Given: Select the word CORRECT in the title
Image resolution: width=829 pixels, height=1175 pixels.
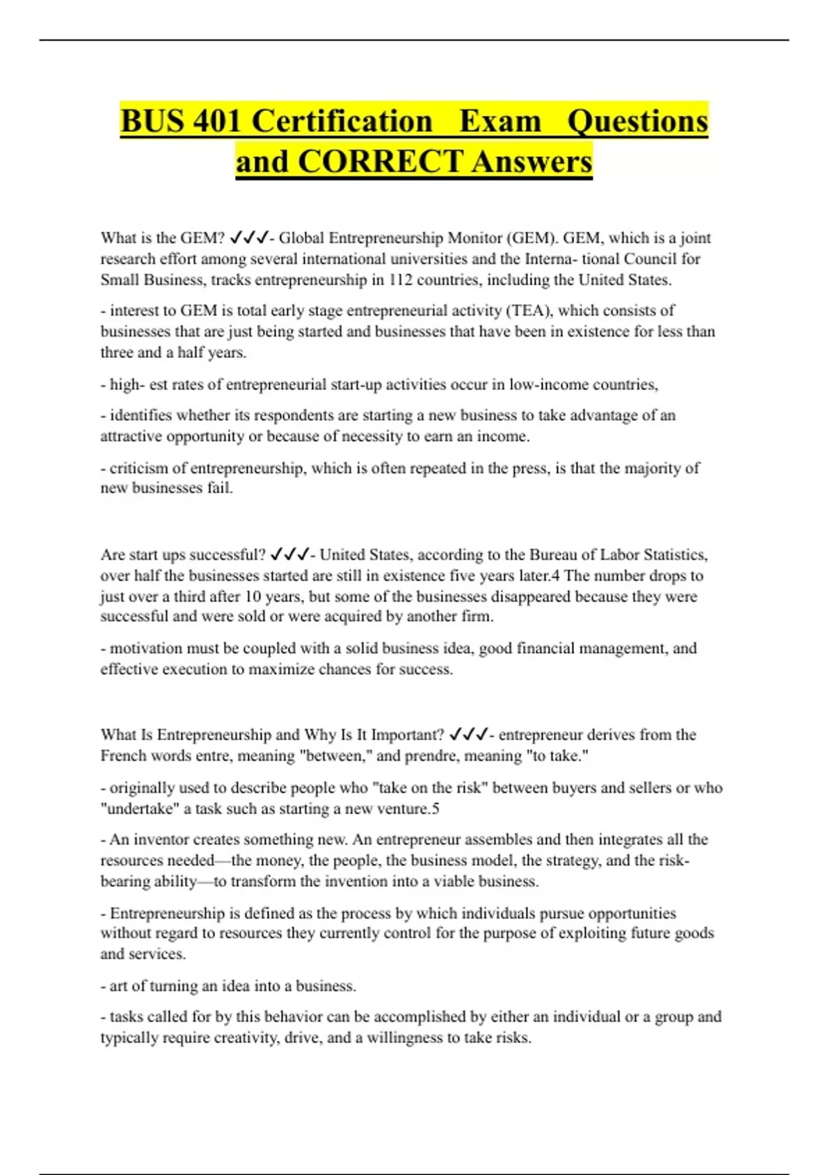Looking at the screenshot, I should (380, 162).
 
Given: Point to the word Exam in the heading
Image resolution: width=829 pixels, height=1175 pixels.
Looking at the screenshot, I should (500, 121).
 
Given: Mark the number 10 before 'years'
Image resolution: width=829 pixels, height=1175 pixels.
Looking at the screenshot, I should (253, 596).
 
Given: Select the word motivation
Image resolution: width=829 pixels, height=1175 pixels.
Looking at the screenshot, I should (146, 648).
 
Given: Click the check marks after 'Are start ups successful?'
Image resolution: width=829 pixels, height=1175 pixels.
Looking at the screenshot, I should (290, 555).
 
